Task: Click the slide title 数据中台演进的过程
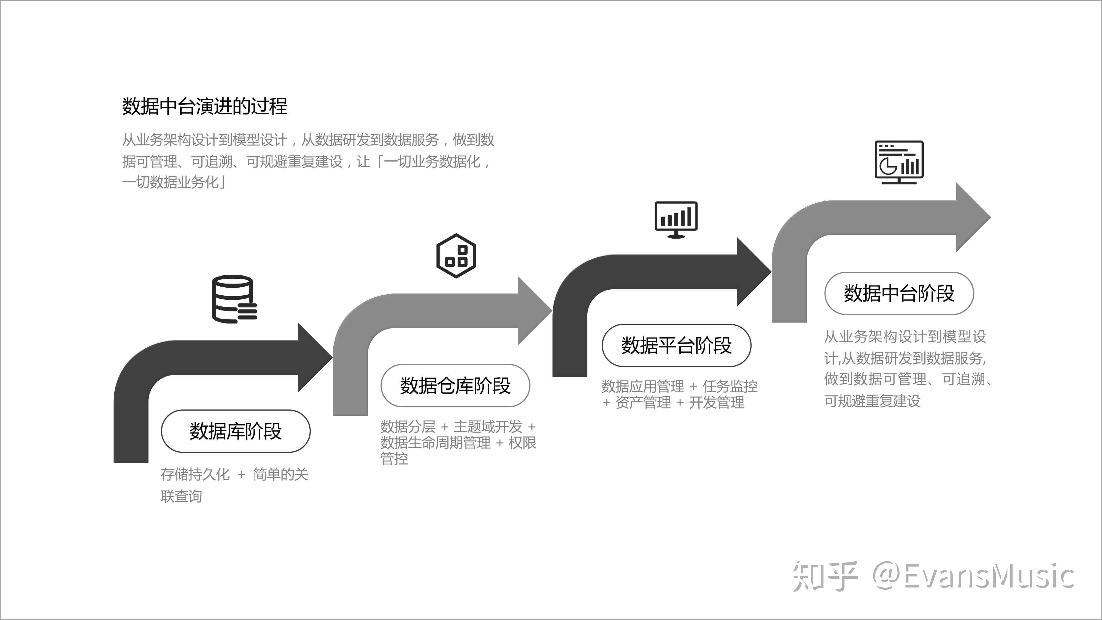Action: (204, 106)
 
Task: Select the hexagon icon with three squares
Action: (456, 256)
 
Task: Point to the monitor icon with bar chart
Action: (676, 219)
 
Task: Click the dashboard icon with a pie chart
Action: (899, 162)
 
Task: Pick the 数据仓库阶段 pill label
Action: (455, 386)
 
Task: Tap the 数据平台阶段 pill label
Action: (676, 345)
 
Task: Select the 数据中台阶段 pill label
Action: (899, 293)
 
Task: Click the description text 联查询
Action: (181, 496)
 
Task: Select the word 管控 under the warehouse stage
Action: (394, 459)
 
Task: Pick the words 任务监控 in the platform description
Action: (730, 386)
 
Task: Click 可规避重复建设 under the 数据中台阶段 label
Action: (872, 401)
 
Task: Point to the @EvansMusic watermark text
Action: (974, 576)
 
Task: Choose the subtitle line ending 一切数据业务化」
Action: (174, 182)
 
